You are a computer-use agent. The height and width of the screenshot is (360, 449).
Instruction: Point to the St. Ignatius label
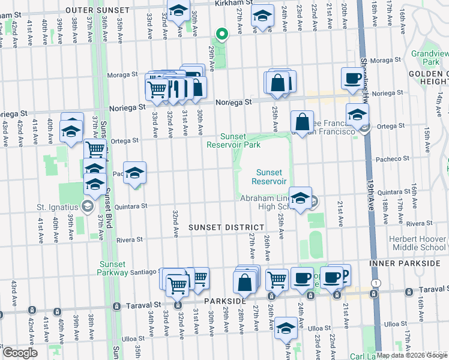57,208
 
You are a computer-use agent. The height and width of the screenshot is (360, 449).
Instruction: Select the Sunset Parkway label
112,268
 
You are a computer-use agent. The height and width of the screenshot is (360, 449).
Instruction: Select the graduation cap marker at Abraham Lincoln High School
300,197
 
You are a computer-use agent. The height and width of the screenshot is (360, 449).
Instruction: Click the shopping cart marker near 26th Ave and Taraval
277,278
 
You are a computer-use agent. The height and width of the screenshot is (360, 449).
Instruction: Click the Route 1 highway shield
376,283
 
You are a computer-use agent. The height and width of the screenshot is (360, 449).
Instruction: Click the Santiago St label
144,272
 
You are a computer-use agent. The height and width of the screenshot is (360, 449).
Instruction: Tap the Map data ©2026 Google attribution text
406,355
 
